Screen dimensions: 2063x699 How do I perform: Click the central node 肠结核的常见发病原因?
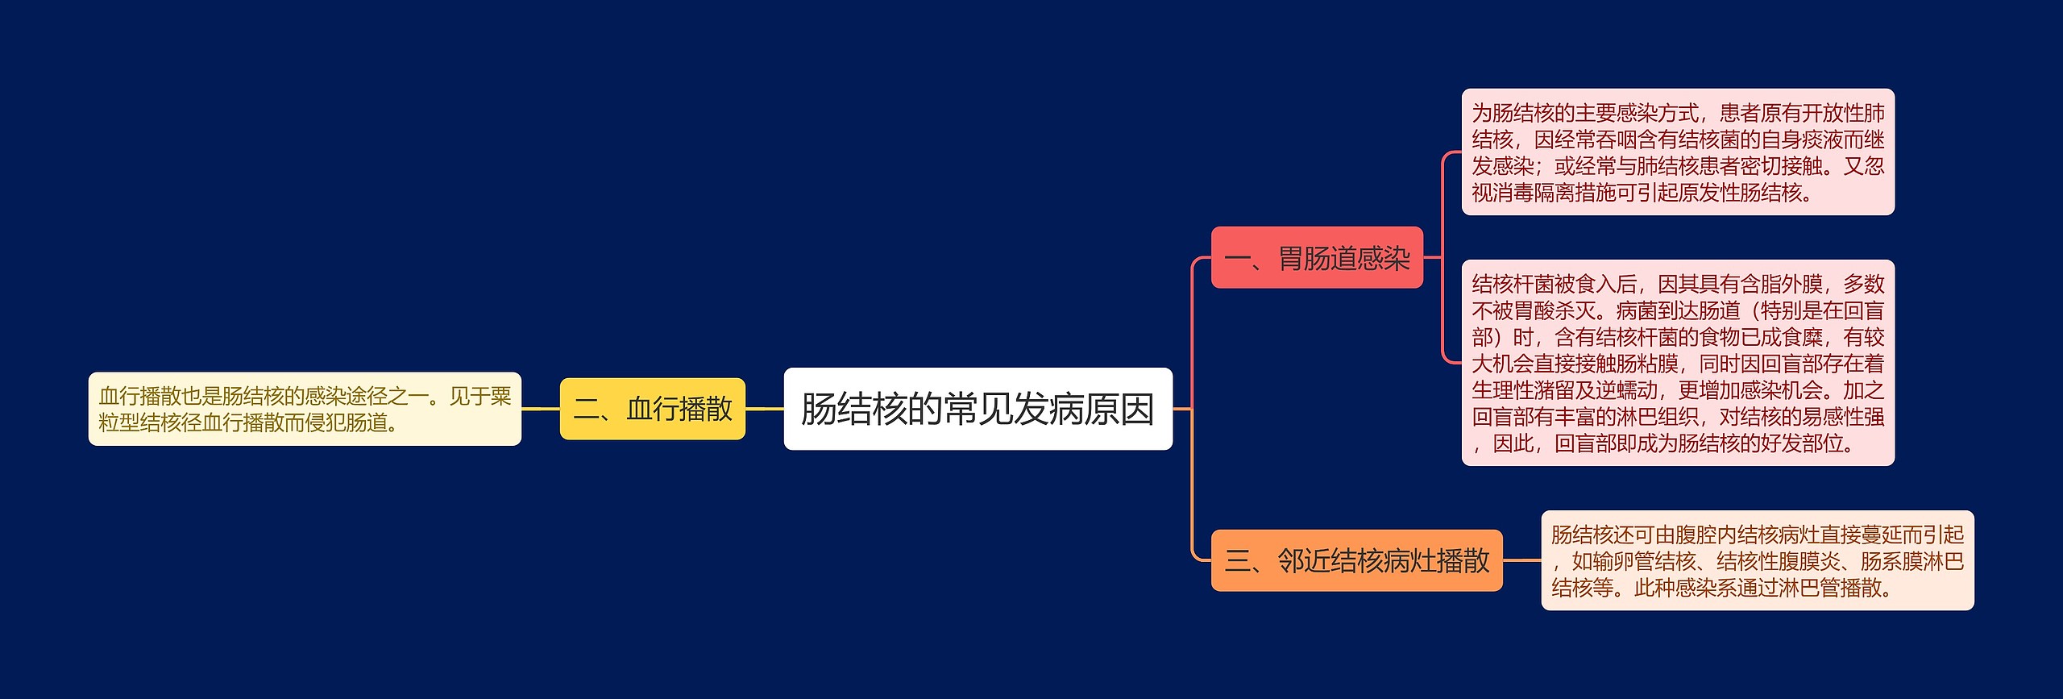978,409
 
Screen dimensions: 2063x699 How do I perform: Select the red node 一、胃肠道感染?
1317,258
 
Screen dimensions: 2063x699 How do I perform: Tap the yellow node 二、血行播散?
652,409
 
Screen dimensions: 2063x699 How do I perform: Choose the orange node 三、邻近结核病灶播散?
1356,560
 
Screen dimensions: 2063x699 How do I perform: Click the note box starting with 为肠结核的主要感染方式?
1677,152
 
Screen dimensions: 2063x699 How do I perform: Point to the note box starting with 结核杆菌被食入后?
1677,363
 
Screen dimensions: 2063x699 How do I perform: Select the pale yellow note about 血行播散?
305,409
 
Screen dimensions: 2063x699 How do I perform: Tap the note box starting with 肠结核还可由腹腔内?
1757,560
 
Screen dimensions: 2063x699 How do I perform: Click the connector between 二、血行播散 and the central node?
764,409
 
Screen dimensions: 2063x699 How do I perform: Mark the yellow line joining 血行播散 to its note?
541,409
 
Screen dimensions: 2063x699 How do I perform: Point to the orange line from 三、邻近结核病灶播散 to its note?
1521,560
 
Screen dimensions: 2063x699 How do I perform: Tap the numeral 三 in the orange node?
1237,561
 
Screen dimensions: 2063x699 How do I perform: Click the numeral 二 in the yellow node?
586,410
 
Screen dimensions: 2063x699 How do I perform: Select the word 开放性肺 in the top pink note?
1843,113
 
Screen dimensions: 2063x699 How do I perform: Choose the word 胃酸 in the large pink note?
1534,310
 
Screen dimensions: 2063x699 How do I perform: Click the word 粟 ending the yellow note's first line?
500,396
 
